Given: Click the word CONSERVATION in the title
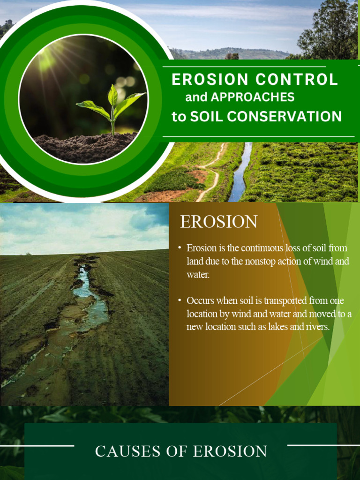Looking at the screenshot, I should click(x=290, y=116).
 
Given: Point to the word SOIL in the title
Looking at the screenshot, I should click(x=208, y=116).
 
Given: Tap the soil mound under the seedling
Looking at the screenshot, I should click(x=84, y=146).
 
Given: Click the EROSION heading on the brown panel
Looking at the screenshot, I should click(x=219, y=222).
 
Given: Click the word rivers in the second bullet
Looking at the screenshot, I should click(x=315, y=327).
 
